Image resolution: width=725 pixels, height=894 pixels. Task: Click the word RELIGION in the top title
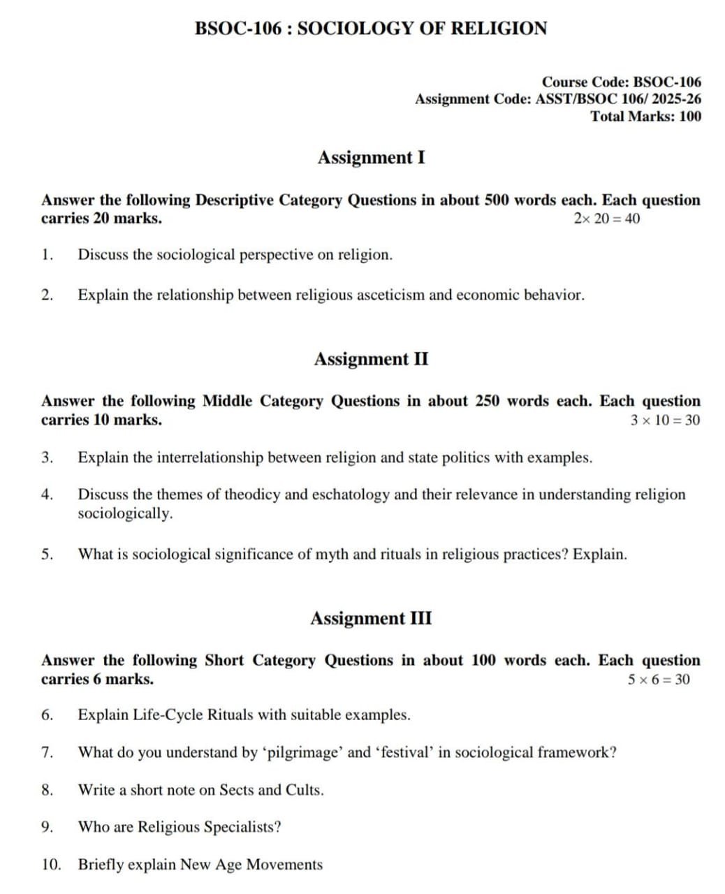[x=499, y=29]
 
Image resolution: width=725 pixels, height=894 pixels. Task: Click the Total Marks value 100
[x=689, y=117]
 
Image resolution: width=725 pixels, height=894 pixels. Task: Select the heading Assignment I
[x=371, y=158]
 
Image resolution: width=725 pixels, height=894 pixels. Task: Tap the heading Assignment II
[x=371, y=359]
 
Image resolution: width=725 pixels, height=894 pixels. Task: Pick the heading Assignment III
[x=371, y=619]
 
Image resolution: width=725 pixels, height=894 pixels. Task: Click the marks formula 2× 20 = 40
[x=606, y=219]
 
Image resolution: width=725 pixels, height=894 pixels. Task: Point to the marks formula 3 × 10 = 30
[x=665, y=420]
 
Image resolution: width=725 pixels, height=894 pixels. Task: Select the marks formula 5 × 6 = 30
[x=659, y=680]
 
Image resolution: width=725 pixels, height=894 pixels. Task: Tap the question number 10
[x=50, y=865]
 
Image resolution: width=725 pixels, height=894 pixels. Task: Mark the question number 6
[x=47, y=715]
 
